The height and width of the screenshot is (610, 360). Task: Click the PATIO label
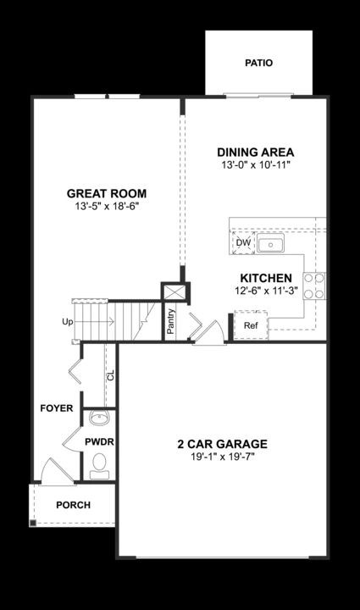(x=258, y=63)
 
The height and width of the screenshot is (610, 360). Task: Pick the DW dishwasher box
(x=244, y=243)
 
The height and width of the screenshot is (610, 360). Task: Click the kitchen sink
(x=271, y=245)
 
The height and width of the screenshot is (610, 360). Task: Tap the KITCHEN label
(x=266, y=278)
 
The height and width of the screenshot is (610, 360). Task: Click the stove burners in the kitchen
(x=313, y=286)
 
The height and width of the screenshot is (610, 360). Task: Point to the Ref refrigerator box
(x=251, y=325)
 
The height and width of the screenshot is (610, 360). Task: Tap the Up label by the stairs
(x=67, y=323)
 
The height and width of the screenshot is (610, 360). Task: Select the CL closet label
(x=110, y=374)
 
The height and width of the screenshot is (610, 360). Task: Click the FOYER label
(x=57, y=408)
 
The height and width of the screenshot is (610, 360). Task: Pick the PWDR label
(x=99, y=442)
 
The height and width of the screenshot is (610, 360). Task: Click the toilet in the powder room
(x=99, y=463)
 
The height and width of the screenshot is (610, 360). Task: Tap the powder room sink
(x=99, y=418)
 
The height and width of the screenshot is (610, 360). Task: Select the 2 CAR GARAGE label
(x=222, y=444)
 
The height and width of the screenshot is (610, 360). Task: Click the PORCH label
(x=73, y=505)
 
